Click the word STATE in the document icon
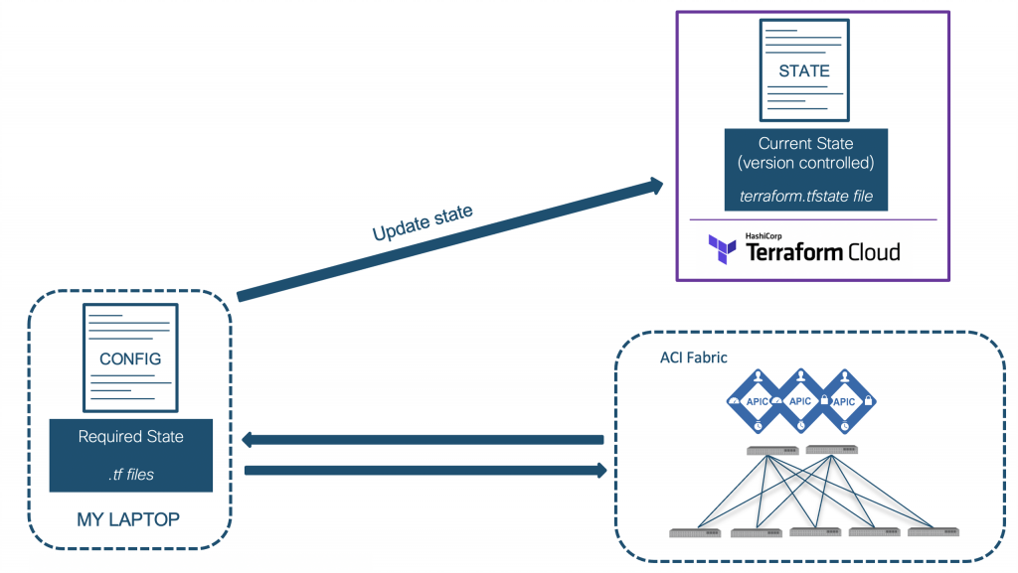click(804, 72)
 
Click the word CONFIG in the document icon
click(130, 358)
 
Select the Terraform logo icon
click(723, 248)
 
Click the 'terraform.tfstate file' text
click(806, 197)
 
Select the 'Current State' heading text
click(805, 144)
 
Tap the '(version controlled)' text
click(805, 163)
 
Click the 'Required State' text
click(130, 437)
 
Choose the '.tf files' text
click(130, 475)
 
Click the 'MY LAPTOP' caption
click(130, 519)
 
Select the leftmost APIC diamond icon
click(758, 400)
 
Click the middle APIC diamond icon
click(800, 400)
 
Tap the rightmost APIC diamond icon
click(843, 400)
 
